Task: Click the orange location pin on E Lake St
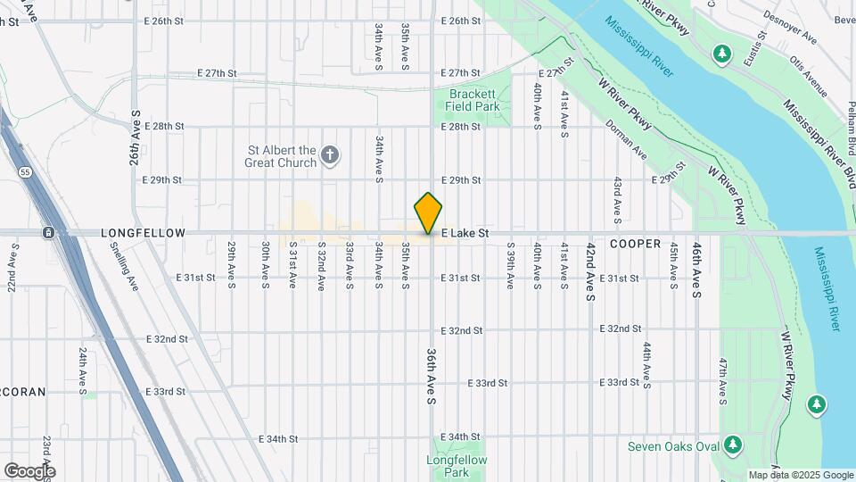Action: click(x=428, y=212)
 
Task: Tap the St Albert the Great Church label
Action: click(x=281, y=157)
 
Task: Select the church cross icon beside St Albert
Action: click(x=330, y=157)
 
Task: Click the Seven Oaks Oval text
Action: click(x=673, y=446)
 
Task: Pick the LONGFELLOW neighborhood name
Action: click(x=144, y=233)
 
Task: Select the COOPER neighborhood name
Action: click(x=635, y=244)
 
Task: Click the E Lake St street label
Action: click(x=465, y=233)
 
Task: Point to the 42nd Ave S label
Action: click(x=590, y=274)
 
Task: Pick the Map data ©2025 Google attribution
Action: click(x=800, y=475)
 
